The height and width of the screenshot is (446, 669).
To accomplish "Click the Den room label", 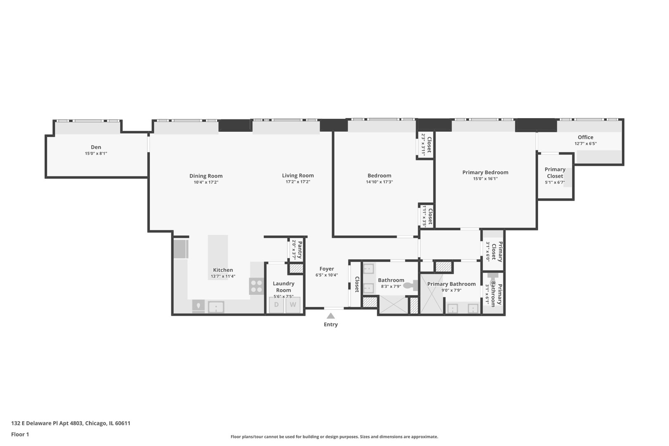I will [96, 147].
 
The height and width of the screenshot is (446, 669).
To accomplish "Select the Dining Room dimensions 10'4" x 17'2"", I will [206, 182].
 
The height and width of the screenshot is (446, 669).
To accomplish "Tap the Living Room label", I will [298, 176].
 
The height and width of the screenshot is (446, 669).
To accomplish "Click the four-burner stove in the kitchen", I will [256, 286].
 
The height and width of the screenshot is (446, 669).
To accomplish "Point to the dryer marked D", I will [276, 305].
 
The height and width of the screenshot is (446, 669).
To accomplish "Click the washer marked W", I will [293, 305].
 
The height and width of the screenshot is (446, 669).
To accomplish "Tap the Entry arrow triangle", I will [331, 316].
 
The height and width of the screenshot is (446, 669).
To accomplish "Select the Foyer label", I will [327, 269].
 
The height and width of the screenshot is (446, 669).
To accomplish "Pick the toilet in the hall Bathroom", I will [410, 285].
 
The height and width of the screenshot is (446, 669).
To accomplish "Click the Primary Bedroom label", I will [485, 172].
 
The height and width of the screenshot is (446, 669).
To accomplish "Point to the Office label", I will [585, 137].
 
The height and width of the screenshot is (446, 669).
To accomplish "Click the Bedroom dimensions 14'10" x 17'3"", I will [379, 182].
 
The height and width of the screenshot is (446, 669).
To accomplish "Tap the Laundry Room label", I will [283, 287].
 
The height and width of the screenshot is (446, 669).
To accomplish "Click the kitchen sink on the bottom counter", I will [216, 307].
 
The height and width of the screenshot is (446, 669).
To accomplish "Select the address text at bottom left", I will [71, 423].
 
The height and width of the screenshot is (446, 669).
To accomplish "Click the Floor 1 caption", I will [20, 434].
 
